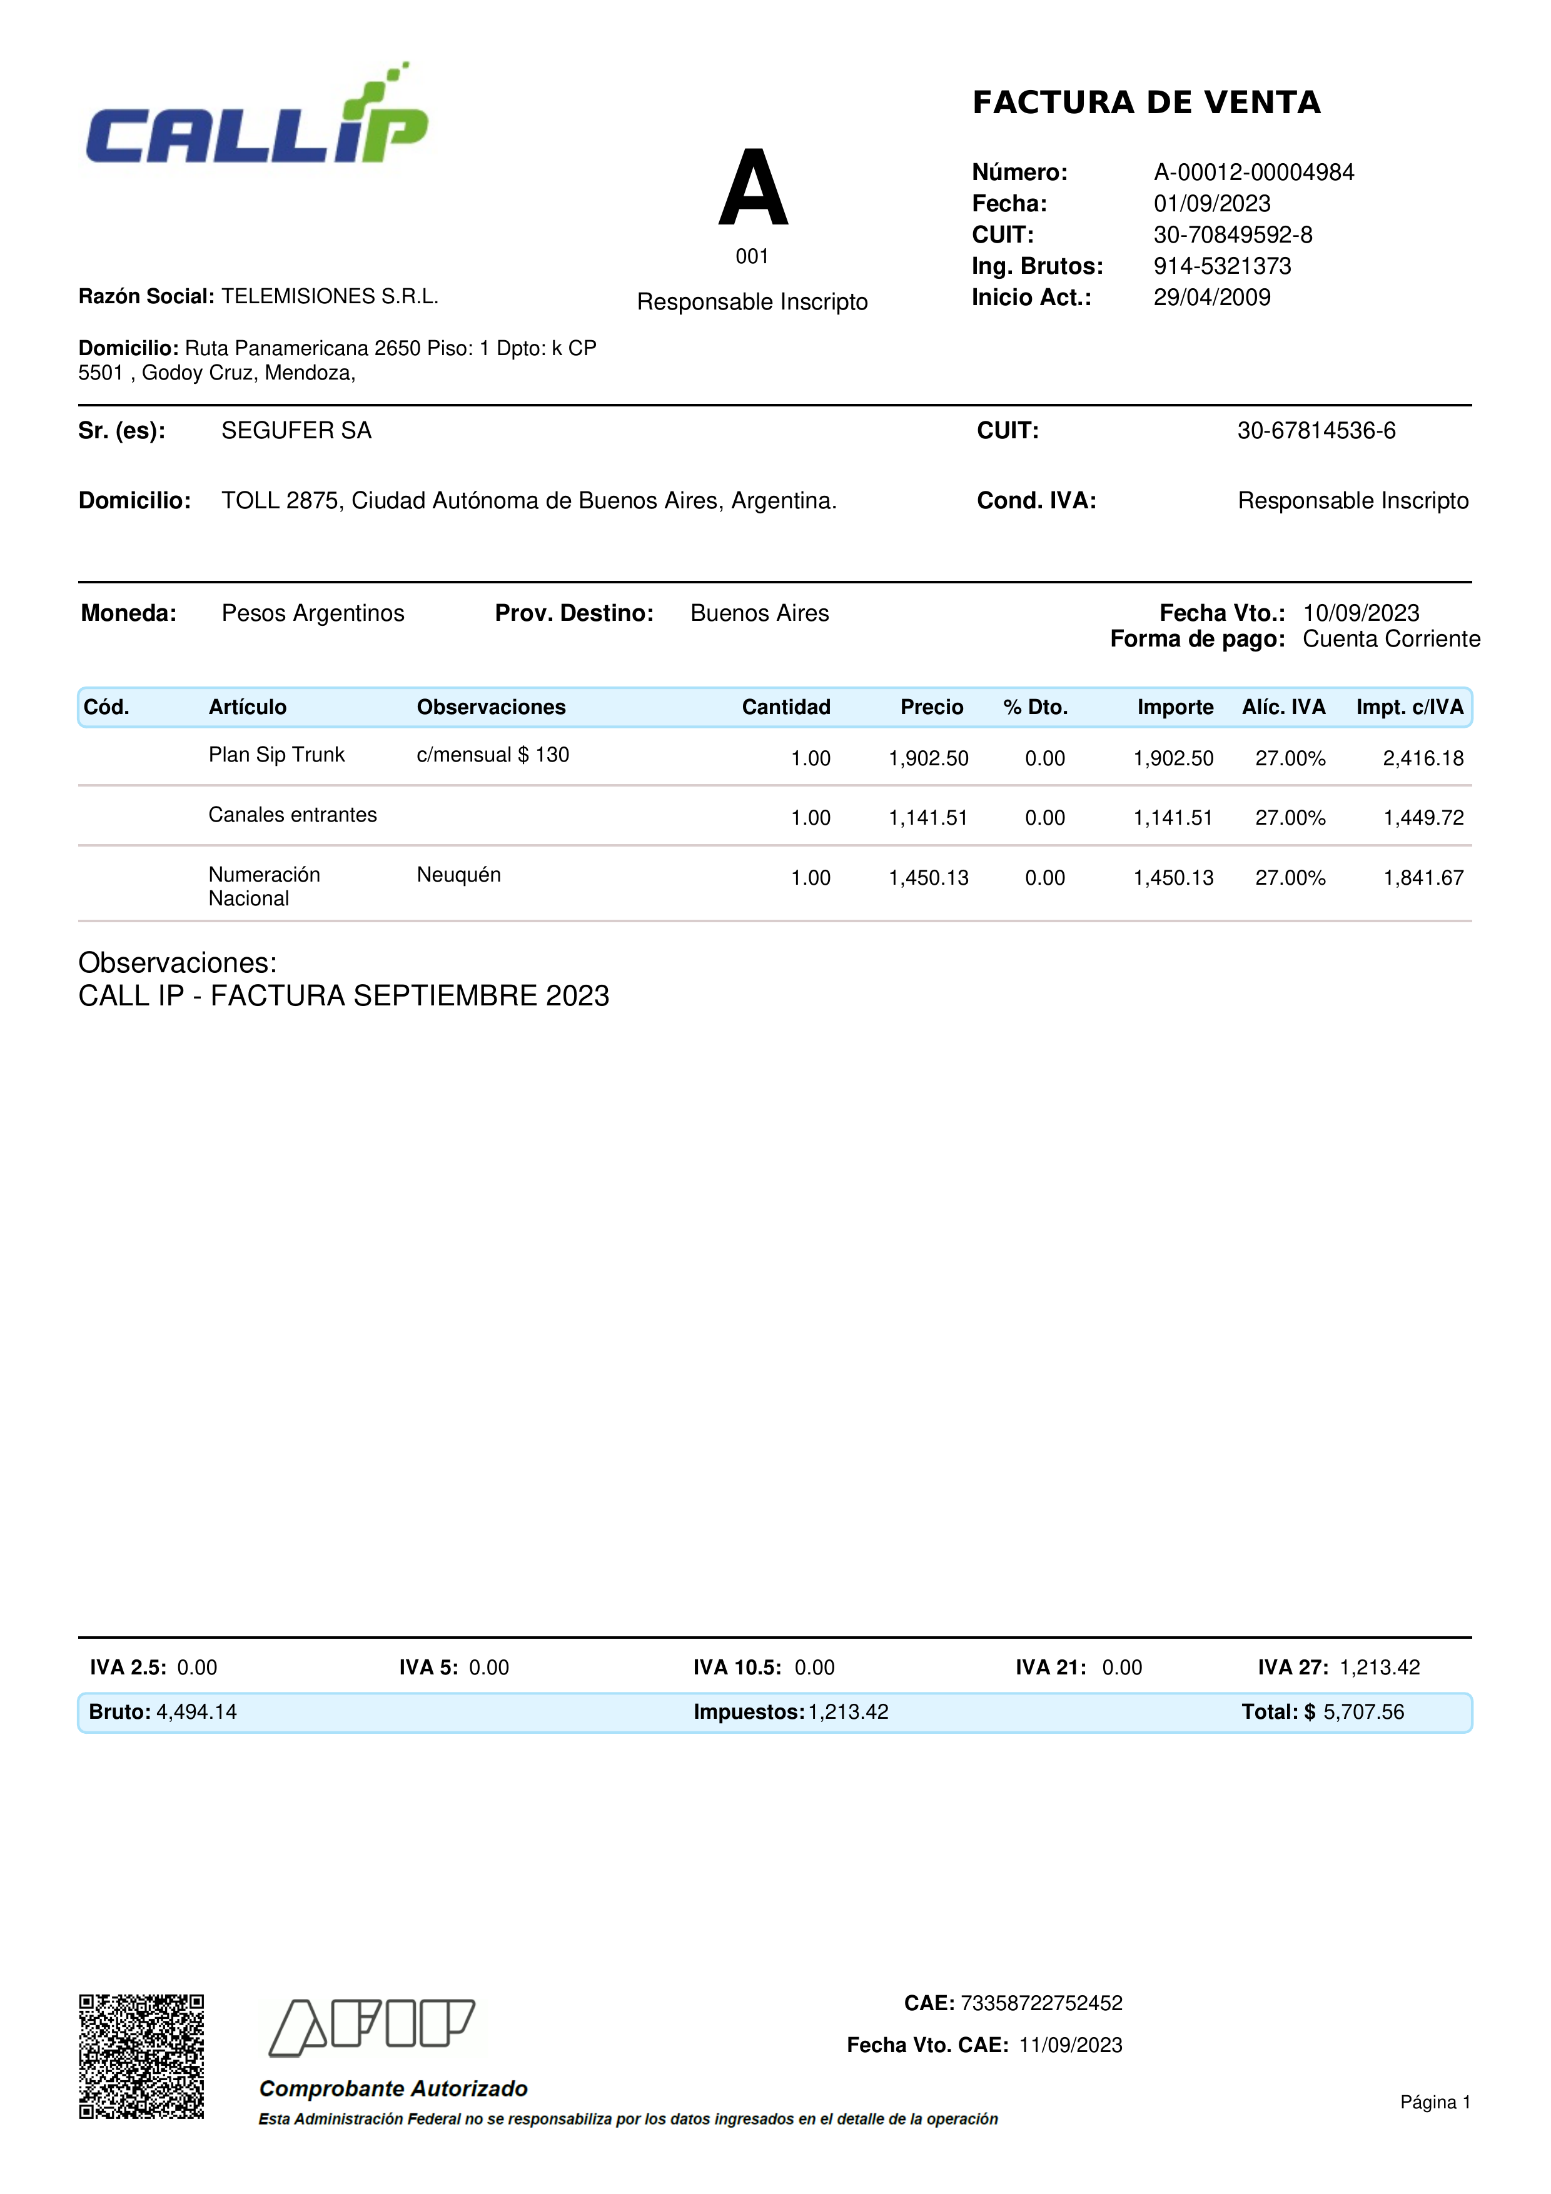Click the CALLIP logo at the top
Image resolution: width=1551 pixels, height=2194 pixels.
[256, 119]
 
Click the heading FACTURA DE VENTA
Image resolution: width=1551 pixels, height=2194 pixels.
[1146, 103]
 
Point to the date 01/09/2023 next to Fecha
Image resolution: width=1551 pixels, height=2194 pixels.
[1212, 204]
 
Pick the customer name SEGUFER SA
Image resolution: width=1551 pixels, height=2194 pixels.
[296, 431]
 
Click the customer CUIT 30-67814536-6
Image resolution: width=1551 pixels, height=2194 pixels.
[1316, 431]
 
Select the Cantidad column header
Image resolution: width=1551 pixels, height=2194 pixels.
[786, 707]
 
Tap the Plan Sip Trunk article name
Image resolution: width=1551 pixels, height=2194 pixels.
[276, 755]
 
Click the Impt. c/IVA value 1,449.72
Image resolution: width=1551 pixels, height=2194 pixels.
[1423, 818]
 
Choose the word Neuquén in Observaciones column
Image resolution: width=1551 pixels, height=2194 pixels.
[458, 874]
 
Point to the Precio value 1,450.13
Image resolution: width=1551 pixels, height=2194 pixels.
[928, 878]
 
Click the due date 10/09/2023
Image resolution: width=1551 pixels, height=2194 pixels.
[1361, 613]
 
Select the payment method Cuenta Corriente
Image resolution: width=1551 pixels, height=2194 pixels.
[1390, 639]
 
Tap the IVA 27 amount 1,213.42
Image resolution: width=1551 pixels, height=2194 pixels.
[1379, 1668]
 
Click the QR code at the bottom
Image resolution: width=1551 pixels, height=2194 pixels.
[141, 2057]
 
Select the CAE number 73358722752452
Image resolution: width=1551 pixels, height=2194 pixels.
[1041, 2003]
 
